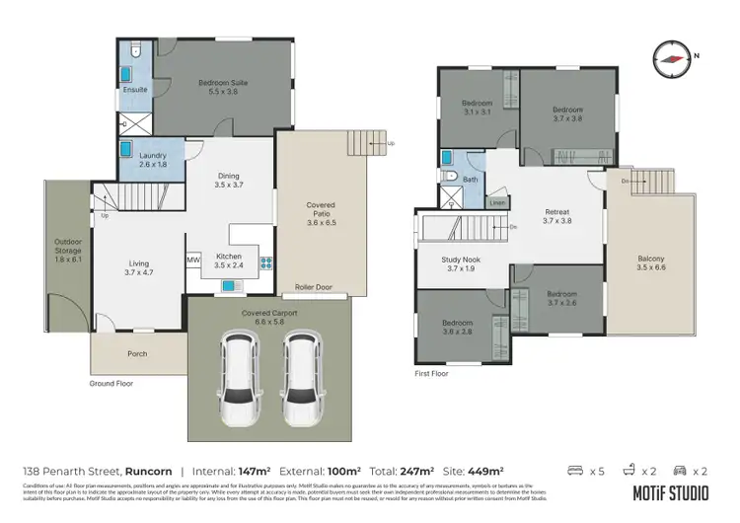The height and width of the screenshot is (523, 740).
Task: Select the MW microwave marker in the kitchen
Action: [x=193, y=261]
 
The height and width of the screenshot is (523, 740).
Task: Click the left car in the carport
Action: [x=239, y=375]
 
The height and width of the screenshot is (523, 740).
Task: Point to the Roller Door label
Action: [x=315, y=289]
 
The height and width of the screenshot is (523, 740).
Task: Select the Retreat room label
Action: [x=557, y=216]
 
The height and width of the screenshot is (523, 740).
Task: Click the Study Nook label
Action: [x=460, y=263]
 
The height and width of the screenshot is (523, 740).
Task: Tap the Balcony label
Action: [x=650, y=263]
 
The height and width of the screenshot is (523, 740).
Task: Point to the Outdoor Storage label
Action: [x=67, y=253]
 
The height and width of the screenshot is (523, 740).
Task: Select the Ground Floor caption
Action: [x=111, y=384]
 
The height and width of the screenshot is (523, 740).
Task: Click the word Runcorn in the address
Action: [x=147, y=472]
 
